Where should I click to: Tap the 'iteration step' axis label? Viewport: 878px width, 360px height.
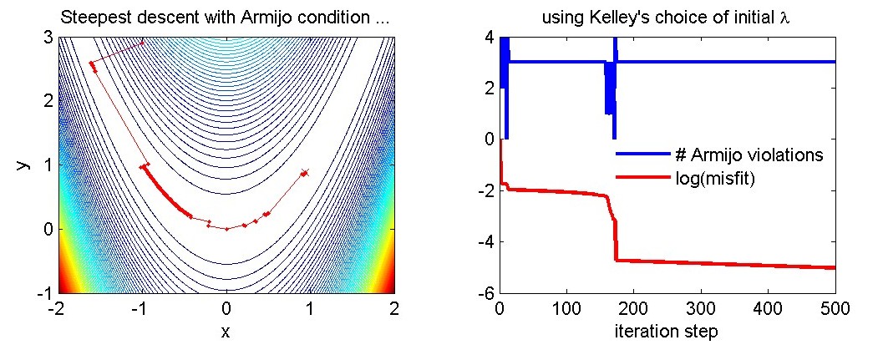pyautogui.click(x=667, y=331)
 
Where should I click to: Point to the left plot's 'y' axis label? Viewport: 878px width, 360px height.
pyautogui.click(x=23, y=165)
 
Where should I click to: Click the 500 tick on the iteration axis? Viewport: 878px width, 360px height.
pyautogui.click(x=835, y=310)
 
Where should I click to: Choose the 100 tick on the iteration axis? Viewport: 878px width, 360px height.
pyautogui.click(x=567, y=310)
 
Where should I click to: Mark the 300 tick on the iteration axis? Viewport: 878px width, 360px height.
pyautogui.click(x=701, y=310)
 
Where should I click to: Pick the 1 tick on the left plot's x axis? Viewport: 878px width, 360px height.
pyautogui.click(x=310, y=310)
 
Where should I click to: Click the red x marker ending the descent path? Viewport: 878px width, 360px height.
pyautogui.click(x=305, y=173)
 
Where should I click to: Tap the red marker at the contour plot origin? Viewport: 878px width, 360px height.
pyautogui.click(x=226, y=229)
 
